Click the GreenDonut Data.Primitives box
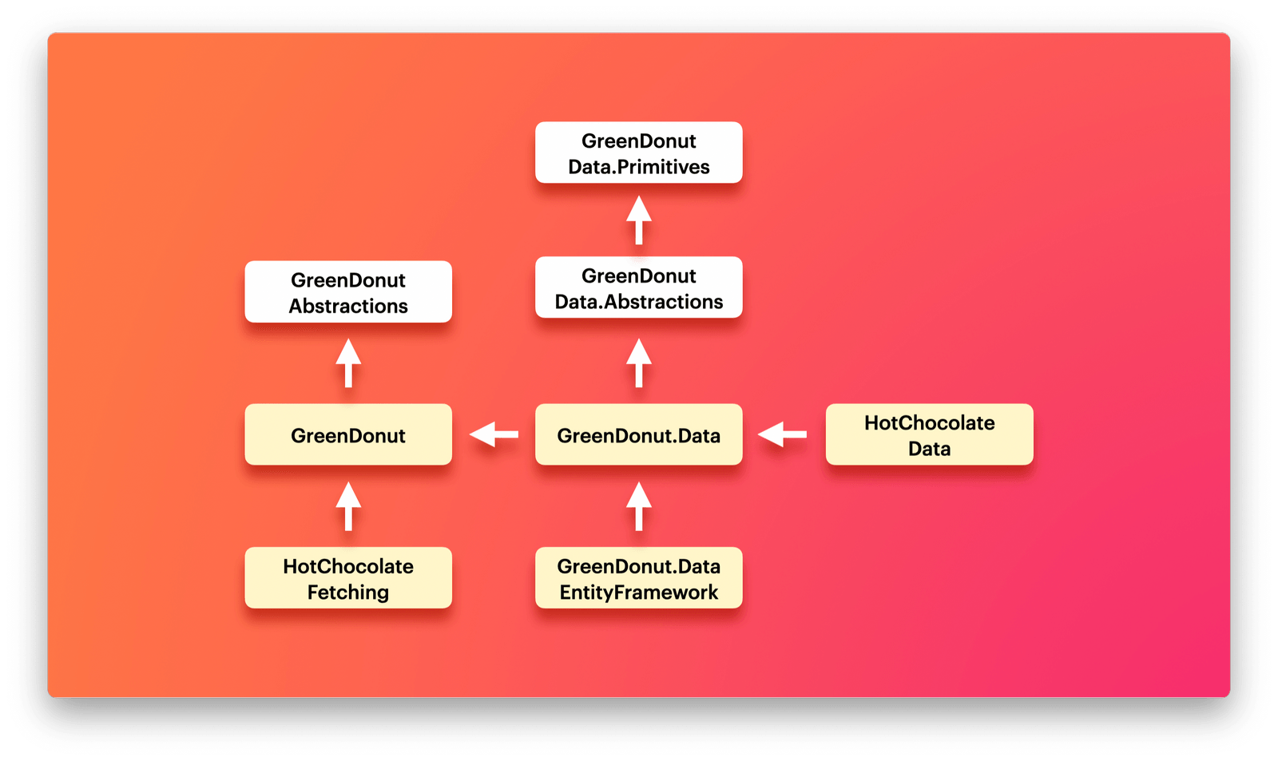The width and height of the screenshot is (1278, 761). [x=638, y=153]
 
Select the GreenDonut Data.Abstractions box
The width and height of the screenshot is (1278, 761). [x=638, y=287]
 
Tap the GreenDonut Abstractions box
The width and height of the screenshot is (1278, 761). [x=348, y=291]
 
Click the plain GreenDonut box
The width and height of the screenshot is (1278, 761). [x=348, y=434]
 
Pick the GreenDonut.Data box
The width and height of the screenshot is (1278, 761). [x=638, y=434]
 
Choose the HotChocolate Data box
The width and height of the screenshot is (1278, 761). [x=929, y=434]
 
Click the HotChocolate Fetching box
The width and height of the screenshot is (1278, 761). [x=348, y=577]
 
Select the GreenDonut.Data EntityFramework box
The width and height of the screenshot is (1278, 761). [x=638, y=577]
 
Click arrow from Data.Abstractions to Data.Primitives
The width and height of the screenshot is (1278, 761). [x=638, y=220]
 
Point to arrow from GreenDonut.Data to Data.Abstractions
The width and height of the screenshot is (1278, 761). [x=638, y=363]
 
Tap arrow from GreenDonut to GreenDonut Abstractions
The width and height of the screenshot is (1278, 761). [x=348, y=363]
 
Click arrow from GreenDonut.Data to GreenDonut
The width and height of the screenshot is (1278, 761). [x=494, y=434]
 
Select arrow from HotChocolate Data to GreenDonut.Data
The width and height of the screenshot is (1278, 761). [x=782, y=434]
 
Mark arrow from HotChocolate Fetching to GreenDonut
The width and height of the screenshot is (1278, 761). [x=348, y=506]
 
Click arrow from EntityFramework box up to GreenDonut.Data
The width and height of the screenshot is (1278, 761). [x=638, y=506]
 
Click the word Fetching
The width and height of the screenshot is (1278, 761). [x=348, y=592]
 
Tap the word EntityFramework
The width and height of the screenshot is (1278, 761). [x=638, y=592]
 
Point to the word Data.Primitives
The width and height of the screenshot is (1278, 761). [x=638, y=167]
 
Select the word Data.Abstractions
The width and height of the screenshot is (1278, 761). [x=638, y=302]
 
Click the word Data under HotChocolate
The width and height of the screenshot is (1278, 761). [x=929, y=449]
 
